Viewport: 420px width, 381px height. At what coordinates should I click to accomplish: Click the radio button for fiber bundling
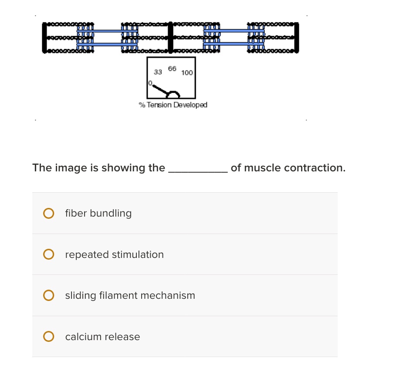pyautogui.click(x=49, y=213)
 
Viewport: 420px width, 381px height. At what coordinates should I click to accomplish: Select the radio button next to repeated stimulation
pyautogui.click(x=49, y=254)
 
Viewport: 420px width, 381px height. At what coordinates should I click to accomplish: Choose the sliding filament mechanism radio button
pyautogui.click(x=49, y=296)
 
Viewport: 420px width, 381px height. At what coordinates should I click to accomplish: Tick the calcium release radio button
pyautogui.click(x=49, y=337)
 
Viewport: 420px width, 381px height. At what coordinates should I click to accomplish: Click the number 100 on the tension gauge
pyautogui.click(x=187, y=73)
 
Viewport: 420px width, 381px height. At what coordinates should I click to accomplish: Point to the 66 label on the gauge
pyautogui.click(x=172, y=68)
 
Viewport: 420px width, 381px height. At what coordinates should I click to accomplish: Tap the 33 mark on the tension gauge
pyautogui.click(x=158, y=72)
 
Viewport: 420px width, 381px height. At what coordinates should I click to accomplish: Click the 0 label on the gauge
pyautogui.click(x=149, y=83)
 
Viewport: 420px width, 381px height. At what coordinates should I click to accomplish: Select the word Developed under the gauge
pyautogui.click(x=190, y=105)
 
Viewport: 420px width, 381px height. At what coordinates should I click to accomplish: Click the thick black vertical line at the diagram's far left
pyautogui.click(x=44, y=37)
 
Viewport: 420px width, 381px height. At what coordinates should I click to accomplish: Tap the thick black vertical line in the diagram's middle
pyautogui.click(x=170, y=37)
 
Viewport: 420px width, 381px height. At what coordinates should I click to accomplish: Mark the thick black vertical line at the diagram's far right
pyautogui.click(x=297, y=37)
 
